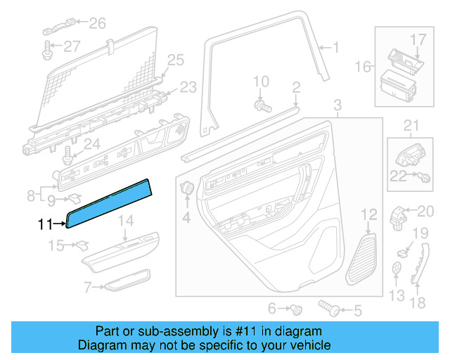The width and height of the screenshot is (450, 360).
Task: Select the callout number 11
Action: [45, 225]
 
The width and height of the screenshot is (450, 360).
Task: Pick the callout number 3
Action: [337, 105]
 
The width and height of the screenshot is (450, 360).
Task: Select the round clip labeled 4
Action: [188, 188]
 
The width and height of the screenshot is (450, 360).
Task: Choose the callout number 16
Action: [363, 67]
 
